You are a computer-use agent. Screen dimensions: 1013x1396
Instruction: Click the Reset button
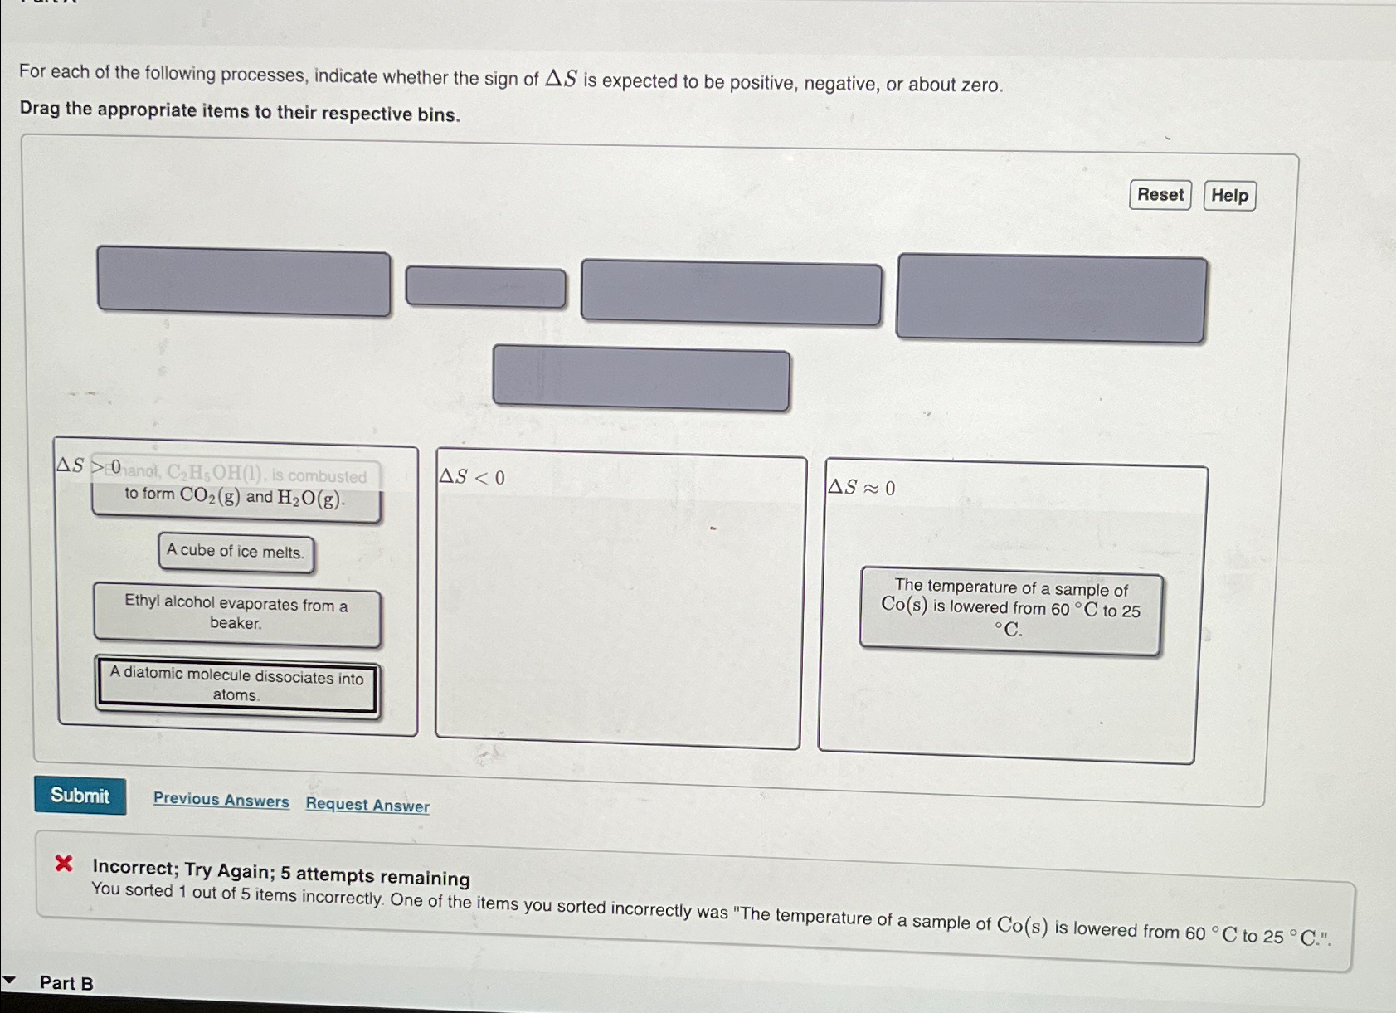[x=1160, y=195]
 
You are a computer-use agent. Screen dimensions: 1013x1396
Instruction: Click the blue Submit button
[x=80, y=796]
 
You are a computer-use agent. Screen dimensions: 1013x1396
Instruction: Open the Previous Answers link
[x=221, y=800]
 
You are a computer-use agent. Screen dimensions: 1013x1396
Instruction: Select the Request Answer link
[x=367, y=805]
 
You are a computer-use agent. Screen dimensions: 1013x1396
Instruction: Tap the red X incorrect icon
[x=64, y=864]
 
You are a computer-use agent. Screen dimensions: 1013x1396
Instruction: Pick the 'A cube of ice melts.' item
[x=236, y=552]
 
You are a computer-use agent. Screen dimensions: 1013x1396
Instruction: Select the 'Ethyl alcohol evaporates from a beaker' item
[x=236, y=614]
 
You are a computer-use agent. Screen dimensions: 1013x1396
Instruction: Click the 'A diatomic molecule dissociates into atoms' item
[x=236, y=685]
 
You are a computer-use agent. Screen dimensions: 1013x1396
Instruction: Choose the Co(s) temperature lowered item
[x=1010, y=610]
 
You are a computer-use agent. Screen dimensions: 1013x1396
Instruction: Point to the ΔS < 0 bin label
[x=471, y=477]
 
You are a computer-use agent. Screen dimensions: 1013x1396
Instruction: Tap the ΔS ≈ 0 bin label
[x=862, y=488]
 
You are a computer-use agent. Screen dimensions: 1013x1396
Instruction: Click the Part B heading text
[x=66, y=983]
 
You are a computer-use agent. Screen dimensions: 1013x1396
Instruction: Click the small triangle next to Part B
[x=9, y=981]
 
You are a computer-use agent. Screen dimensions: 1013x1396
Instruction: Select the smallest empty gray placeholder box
[x=485, y=288]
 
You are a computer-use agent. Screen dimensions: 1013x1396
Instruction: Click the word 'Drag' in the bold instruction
[x=39, y=109]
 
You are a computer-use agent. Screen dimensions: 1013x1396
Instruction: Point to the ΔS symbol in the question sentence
[x=561, y=80]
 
